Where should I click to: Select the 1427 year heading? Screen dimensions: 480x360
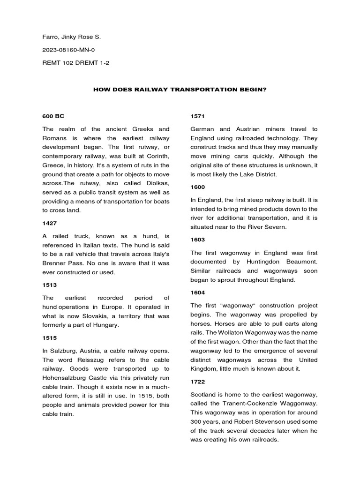point(49,224)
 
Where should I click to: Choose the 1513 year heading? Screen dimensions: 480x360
point(49,285)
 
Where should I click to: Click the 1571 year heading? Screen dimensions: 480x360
point(197,115)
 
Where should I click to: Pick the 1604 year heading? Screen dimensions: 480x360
point(197,292)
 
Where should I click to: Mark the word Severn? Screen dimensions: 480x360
point(291,226)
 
